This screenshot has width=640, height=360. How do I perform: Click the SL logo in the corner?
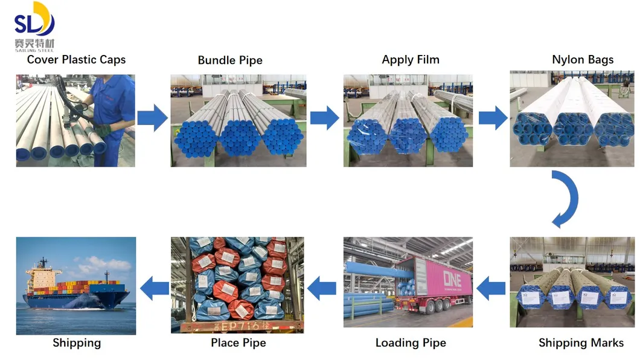click(34, 26)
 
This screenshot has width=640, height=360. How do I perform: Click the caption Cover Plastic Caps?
click(76, 59)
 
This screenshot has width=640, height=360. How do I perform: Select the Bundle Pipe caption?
click(230, 60)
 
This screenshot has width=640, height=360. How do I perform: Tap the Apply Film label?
click(411, 59)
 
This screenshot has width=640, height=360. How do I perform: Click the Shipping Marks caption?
click(581, 342)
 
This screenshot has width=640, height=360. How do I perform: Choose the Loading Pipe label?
click(411, 342)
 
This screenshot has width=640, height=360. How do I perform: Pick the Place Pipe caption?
click(238, 342)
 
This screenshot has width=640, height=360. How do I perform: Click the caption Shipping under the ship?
click(77, 342)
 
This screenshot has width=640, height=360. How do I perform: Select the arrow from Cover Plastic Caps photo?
click(152, 117)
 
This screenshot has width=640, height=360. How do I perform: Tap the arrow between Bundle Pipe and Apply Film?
click(325, 117)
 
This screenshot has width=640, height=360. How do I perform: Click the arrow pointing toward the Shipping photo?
click(154, 286)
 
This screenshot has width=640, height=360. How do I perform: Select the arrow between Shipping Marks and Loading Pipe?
click(491, 288)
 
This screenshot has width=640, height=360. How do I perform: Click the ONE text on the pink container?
click(452, 278)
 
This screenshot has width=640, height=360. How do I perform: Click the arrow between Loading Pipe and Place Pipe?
click(322, 288)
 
